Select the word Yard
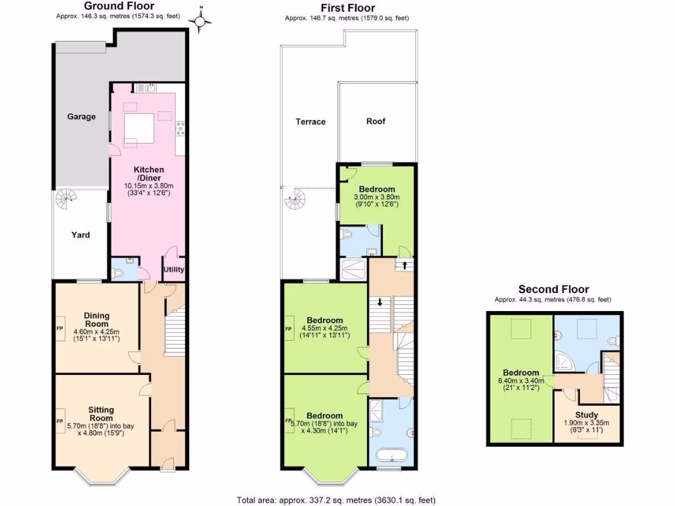tap(80, 235)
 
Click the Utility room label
tap(174, 269)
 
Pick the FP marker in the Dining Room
tap(59, 327)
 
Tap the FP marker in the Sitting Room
tap(59, 421)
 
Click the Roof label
tap(376, 121)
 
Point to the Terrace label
tap(310, 122)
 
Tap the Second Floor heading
tap(553, 289)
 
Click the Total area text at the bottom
tap(336, 500)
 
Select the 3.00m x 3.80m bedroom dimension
tap(377, 197)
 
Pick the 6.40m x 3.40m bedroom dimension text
tap(521, 380)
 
